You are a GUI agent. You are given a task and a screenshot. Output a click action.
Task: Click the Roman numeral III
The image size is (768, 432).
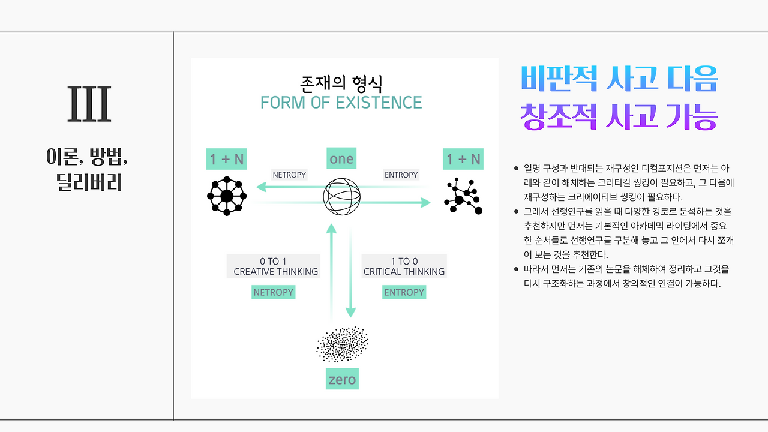tap(89, 104)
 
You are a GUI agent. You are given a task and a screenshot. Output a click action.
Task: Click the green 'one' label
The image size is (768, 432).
tap(341, 159)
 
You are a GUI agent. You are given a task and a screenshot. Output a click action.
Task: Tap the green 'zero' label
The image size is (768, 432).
tap(343, 379)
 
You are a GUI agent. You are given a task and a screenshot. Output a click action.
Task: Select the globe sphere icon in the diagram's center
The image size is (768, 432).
tap(342, 196)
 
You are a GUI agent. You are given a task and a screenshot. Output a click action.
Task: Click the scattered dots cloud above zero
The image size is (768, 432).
tap(343, 344)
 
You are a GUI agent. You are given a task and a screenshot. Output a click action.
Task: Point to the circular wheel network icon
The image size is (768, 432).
tap(227, 196)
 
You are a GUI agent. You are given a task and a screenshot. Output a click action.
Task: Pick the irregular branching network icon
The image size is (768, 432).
tap(463, 196)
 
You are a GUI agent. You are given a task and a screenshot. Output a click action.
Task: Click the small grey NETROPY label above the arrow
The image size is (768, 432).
tap(289, 175)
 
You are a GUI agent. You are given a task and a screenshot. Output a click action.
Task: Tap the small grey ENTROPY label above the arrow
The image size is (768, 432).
tap(401, 175)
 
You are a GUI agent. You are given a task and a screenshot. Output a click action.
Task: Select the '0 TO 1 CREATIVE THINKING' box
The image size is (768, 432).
tap(274, 266)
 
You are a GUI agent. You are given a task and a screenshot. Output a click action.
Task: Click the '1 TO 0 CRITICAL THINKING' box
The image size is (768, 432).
tap(404, 266)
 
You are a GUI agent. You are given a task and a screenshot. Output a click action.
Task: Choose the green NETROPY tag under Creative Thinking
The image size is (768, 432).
tap(274, 292)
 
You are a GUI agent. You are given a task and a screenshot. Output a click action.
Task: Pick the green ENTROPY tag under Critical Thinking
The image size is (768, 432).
tap(404, 292)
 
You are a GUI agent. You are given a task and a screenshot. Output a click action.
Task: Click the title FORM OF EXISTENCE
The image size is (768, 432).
tap(341, 103)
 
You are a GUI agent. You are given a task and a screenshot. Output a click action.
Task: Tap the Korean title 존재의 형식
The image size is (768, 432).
tap(341, 81)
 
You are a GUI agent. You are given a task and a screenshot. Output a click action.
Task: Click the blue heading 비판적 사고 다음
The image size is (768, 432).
tap(619, 78)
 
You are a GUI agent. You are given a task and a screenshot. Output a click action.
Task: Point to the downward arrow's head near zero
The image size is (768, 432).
tap(350, 312)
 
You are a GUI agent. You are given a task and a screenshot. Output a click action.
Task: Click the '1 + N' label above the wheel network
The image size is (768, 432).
tap(227, 159)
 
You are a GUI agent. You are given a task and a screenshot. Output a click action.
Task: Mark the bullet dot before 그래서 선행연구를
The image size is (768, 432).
tap(516, 211)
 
